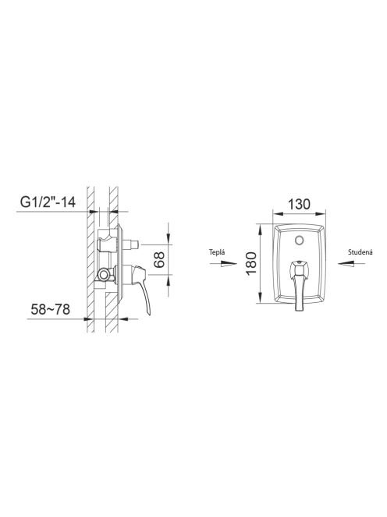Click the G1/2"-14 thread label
48,202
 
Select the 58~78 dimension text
50,309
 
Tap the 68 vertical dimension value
159,259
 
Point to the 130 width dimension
299,204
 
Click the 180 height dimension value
251,263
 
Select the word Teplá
217,252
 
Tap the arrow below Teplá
223,263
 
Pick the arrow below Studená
351,263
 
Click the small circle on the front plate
300,240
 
